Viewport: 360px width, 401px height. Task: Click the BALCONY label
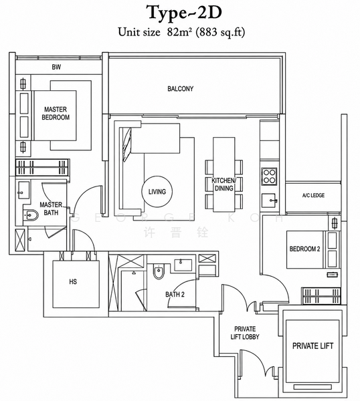[x=181, y=89]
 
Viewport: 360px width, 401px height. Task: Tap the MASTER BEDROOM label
[x=56, y=114]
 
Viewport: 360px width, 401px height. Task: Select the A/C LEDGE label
[x=313, y=195]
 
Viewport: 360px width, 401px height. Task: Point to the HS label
[x=73, y=281]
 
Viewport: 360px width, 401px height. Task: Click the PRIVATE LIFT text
[x=312, y=346]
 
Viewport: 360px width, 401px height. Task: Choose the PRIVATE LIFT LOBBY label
[x=245, y=333]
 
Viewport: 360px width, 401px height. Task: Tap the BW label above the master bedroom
[x=56, y=67]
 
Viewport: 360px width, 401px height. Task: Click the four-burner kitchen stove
[x=269, y=176]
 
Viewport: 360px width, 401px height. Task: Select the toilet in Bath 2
[x=159, y=271]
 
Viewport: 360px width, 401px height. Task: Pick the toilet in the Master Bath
[x=31, y=215]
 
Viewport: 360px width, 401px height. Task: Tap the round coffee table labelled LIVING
[x=157, y=191]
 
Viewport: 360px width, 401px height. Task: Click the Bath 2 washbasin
[x=183, y=265]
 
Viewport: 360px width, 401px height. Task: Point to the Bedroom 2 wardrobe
[x=321, y=296]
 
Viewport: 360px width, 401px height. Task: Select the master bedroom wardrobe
[x=43, y=167]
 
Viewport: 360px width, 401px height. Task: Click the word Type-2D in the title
[x=185, y=13]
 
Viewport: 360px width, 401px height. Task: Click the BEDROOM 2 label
[x=304, y=249]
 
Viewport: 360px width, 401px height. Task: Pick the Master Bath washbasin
[x=24, y=190]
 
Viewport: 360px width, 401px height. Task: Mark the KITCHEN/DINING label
[x=223, y=184]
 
